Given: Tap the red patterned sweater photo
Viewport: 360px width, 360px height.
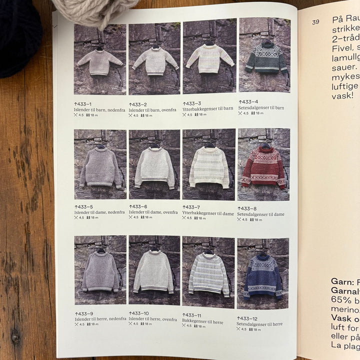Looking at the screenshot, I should point(263,165).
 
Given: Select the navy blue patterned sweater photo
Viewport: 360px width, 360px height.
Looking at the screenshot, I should point(263,274).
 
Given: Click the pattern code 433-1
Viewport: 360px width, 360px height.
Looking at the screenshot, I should point(83,103).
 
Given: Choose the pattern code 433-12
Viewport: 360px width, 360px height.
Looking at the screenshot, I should point(247,318).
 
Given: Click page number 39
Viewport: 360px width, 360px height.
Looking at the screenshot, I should point(315,22).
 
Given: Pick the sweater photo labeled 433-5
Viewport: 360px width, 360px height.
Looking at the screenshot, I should point(100,164).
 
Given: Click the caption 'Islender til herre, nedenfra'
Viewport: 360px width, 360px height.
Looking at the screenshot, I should point(99,319).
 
